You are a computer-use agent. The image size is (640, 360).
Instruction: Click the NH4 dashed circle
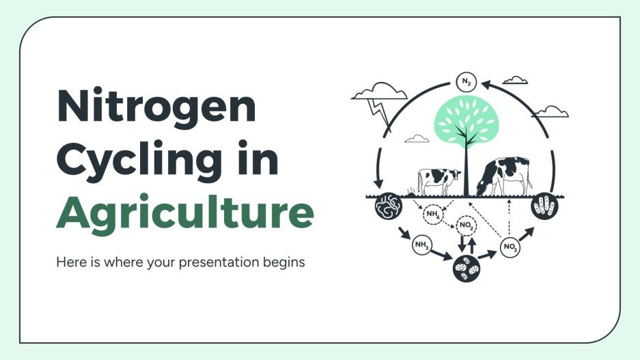coord(434,214)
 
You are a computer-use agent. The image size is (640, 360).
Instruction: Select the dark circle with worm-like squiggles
coord(387,206)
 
